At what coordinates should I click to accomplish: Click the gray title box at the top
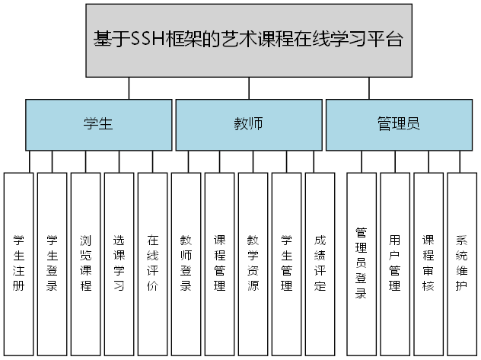point(248,40)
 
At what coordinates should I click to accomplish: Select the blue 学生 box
point(99,124)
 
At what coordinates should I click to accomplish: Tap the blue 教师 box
point(248,124)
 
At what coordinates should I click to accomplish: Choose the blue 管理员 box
point(398,124)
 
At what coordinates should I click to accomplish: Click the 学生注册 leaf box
point(19,263)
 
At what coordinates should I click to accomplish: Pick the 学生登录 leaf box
point(53,263)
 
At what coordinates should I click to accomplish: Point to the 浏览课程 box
point(86,263)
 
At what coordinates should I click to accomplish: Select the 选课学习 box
point(119,263)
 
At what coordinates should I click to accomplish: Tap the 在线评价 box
point(153,263)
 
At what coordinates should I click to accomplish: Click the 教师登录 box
point(186,263)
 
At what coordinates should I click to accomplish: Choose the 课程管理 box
point(220,263)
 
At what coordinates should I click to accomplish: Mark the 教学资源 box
point(253,263)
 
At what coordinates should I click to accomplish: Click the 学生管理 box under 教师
point(287,263)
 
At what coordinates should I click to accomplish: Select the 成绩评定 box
point(320,263)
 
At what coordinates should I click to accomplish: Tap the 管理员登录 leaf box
point(362,263)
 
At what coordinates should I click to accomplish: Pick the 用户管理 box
point(395,263)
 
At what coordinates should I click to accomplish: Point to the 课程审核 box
point(428,263)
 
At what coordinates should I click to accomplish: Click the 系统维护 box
point(462,263)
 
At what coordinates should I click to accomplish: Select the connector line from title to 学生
point(129,88)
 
